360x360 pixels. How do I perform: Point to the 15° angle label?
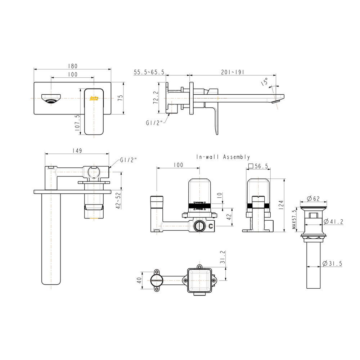click(265, 81)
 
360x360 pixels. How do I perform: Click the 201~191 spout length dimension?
click(233, 72)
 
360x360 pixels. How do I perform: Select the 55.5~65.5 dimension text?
click(149, 72)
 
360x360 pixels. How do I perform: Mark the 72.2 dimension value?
click(156, 98)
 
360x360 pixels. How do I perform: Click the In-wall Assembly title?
click(223, 157)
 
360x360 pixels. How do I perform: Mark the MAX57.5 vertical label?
click(294, 221)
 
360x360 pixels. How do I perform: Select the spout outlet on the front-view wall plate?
click(51, 99)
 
